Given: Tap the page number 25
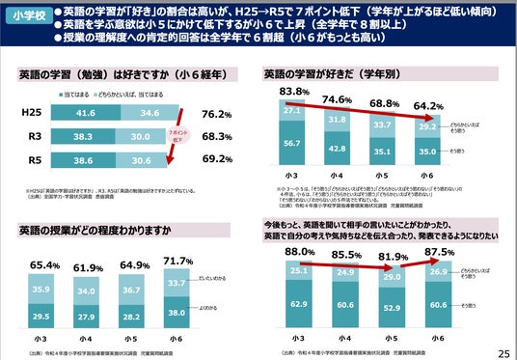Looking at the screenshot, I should tap(503, 352).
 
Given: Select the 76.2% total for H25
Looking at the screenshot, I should tap(218, 114).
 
